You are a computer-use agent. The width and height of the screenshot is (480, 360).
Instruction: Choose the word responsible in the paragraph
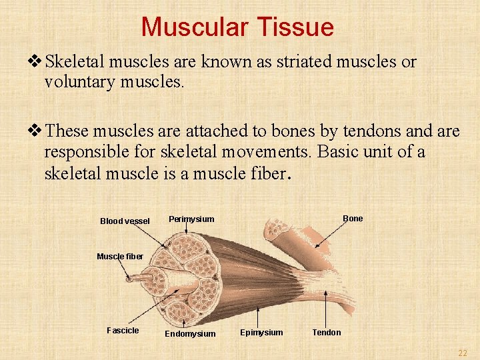89,152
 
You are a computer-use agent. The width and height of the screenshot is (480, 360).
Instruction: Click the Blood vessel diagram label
125,221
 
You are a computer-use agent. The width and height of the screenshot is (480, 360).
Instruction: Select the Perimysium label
191,219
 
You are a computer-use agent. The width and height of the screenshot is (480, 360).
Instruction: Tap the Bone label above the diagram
353,219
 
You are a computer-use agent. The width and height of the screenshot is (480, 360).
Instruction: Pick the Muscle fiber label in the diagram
120,257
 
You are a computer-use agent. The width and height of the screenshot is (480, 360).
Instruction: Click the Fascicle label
123,331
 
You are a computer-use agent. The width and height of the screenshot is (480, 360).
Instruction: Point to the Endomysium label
190,334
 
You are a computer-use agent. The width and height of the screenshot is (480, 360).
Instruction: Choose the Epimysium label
261,333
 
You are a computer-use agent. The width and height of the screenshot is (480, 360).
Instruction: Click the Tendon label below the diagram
326,333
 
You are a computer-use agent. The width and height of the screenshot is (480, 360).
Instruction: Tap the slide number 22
462,353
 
